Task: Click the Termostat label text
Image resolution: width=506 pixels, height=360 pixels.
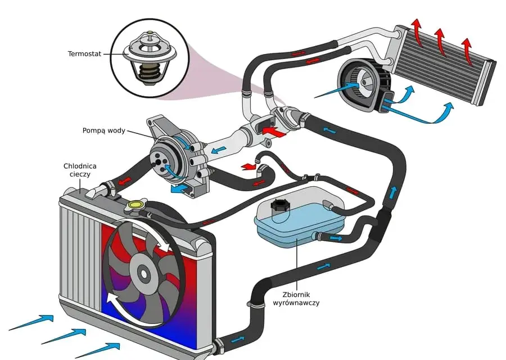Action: coord(84,54)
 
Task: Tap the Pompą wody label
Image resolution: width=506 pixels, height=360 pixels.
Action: coord(103,130)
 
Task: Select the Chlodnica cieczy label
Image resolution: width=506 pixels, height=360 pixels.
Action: coord(80,170)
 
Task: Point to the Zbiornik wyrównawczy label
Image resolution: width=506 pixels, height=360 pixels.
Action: coord(296,299)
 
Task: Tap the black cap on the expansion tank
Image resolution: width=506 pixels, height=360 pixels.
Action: coord(279,205)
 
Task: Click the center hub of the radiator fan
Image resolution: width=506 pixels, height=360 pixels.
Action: coord(143,274)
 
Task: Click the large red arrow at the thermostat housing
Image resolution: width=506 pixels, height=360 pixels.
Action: coord(274,132)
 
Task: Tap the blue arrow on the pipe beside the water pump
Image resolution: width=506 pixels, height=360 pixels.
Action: coord(219,150)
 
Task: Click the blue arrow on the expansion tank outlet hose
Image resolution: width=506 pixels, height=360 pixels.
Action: coord(336,238)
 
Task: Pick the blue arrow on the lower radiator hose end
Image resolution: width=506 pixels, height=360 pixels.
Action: coord(237,340)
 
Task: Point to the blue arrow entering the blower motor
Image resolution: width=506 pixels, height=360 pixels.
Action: coord(337,91)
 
